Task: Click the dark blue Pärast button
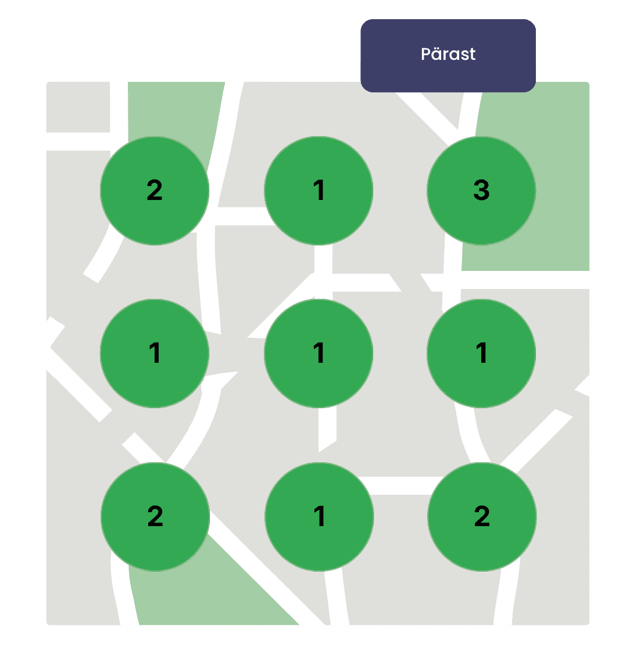tap(448, 55)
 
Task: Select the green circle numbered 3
tap(481, 191)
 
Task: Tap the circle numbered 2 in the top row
tap(155, 191)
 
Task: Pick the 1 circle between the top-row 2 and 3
tap(319, 191)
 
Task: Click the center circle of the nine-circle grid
tap(319, 353)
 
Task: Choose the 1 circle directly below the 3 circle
tap(481, 353)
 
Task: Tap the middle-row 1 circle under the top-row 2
tap(155, 353)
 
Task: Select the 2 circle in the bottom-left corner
tap(155, 516)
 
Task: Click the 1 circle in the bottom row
tap(319, 516)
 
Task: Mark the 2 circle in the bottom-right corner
tap(482, 516)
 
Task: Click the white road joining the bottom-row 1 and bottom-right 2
tap(400, 485)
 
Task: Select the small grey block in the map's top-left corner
tap(78, 107)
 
